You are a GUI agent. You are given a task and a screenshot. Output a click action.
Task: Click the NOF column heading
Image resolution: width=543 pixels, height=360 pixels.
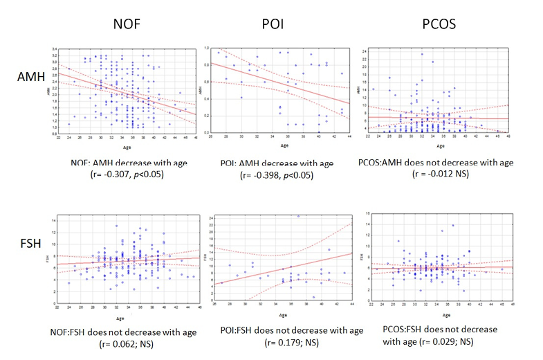pos(129,24)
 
